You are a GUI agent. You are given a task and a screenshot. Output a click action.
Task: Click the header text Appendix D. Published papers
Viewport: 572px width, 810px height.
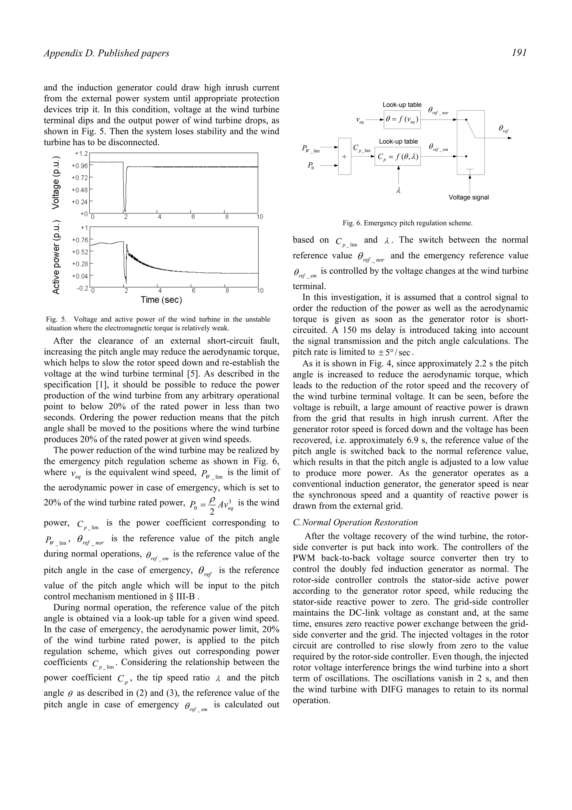[x=106, y=53]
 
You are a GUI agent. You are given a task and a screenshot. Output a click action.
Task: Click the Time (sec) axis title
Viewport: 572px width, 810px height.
[x=161, y=300]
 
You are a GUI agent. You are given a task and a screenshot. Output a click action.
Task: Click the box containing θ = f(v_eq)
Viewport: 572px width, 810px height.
[x=402, y=120]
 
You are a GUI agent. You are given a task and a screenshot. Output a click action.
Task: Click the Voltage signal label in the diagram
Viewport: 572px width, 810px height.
[x=468, y=198]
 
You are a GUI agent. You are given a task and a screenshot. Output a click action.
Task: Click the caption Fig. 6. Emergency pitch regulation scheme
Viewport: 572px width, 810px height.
[x=407, y=223]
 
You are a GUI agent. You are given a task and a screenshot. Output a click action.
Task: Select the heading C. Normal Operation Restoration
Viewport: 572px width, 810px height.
[x=355, y=522]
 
